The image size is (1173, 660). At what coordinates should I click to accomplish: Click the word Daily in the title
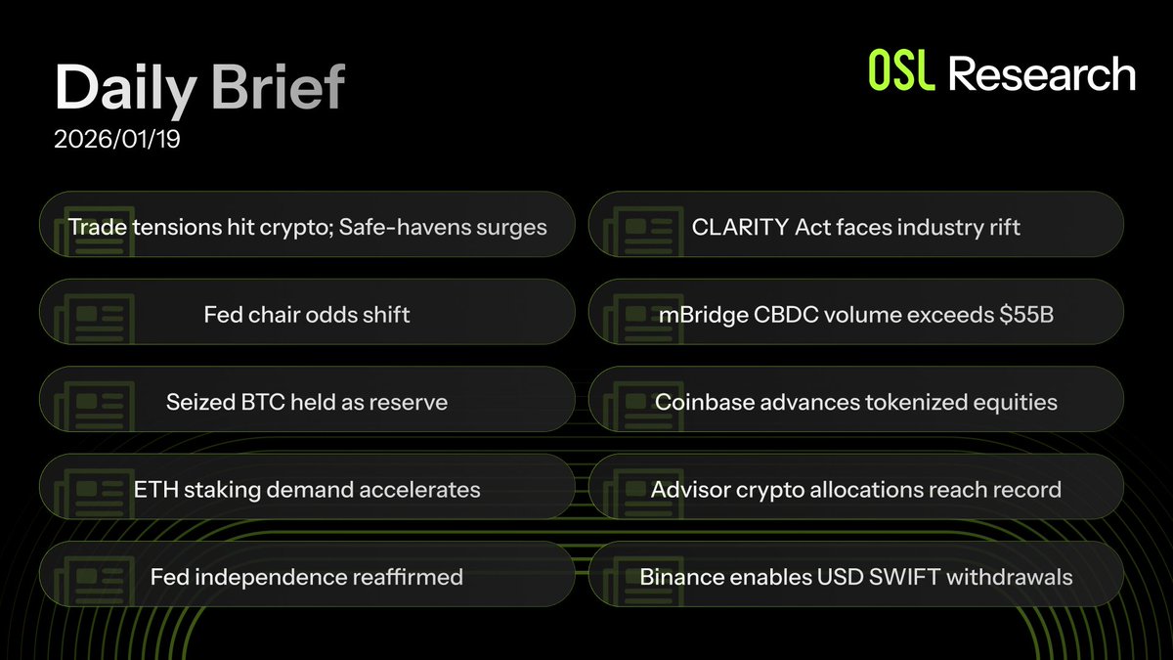click(125, 88)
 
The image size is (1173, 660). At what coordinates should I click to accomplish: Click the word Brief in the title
click(277, 88)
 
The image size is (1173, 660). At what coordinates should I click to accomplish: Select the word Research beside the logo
click(1042, 74)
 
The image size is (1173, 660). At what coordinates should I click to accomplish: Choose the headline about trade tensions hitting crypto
click(307, 228)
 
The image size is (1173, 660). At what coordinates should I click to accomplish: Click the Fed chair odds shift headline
click(307, 315)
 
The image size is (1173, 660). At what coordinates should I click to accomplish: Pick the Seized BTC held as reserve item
click(307, 402)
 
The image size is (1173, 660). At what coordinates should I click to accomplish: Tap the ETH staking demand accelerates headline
click(307, 489)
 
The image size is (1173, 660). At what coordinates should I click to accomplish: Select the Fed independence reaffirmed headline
click(307, 577)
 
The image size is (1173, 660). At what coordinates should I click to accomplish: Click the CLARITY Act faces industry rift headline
click(855, 228)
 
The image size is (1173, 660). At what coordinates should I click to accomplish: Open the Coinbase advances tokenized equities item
click(855, 402)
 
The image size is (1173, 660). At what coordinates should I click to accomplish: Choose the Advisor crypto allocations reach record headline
click(855, 489)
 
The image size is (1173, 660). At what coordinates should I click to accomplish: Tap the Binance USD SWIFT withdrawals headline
click(855, 577)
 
